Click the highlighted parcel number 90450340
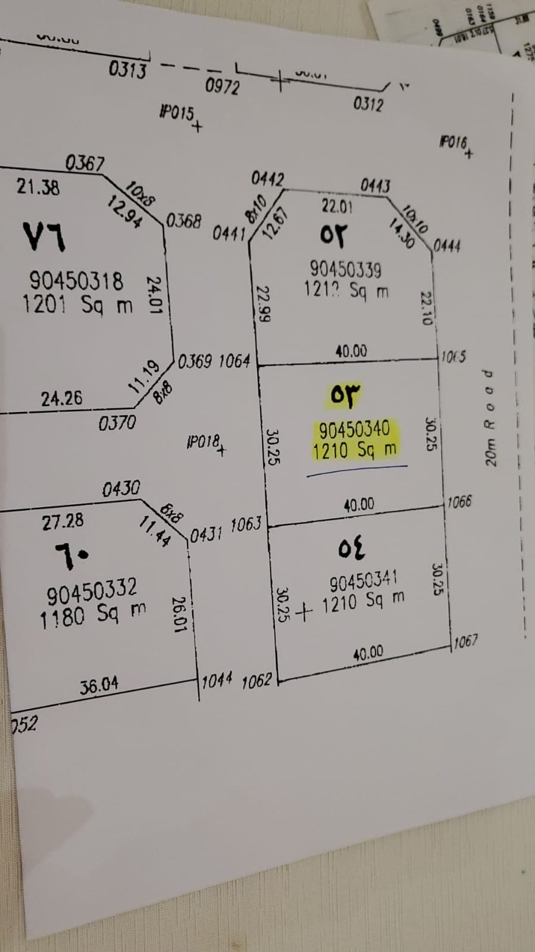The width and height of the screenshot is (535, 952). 355,429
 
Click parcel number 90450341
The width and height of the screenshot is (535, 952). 364,580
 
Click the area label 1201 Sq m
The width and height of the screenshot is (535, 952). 77,304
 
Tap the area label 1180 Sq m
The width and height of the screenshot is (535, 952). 93,615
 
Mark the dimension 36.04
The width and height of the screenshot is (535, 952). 99,686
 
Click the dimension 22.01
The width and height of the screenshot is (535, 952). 337,207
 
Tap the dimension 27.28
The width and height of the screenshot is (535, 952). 62,522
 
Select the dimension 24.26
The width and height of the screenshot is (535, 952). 61,398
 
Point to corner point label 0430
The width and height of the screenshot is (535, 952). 121,489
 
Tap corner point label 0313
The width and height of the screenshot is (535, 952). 127,70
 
